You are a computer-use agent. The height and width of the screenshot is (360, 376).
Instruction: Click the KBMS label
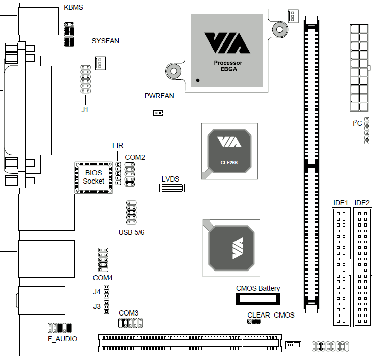pos(73,8)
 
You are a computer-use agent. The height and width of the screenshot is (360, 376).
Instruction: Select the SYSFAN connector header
pos(100,63)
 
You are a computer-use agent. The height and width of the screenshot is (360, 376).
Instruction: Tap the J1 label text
pos(85,109)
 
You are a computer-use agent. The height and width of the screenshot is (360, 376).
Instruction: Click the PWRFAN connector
pos(158,112)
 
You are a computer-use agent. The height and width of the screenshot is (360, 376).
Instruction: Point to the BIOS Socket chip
pos(93,177)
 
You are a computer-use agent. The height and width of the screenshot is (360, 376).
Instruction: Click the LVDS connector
pos(172,188)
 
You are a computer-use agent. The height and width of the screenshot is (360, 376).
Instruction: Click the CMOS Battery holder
pos(258,299)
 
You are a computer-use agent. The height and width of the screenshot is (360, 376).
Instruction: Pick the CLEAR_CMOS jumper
pos(254,322)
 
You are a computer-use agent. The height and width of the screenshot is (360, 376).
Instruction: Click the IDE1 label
pos(341,203)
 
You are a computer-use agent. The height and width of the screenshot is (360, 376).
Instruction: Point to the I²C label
pos(357,123)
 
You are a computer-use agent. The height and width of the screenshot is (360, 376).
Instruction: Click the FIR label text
pos(118,145)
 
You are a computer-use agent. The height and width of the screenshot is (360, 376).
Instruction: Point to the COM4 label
pos(103,278)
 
